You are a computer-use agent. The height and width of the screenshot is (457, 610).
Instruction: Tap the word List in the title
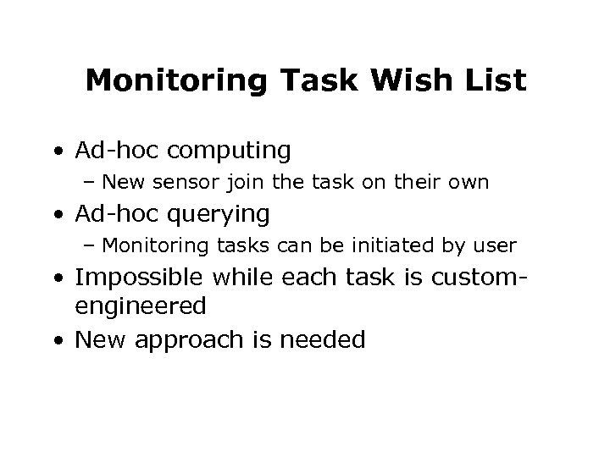point(496,81)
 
